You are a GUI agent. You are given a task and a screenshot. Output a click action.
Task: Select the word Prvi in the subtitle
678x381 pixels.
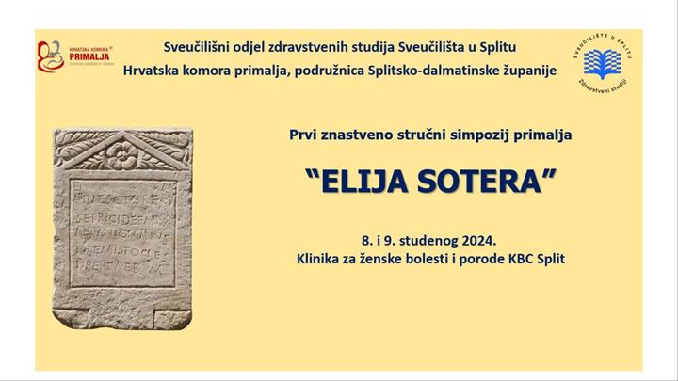tap(304, 135)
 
